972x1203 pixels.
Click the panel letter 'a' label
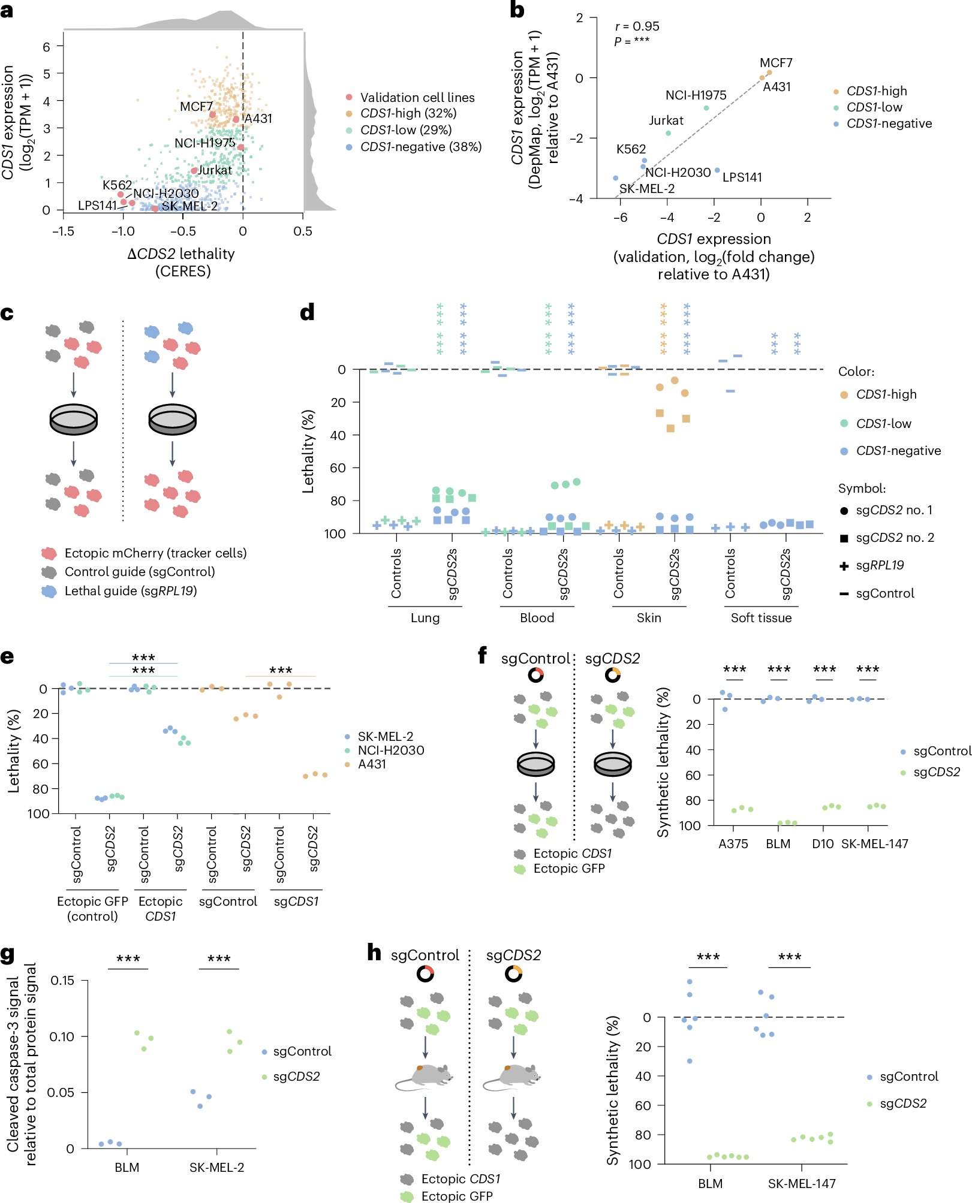pos(7,11)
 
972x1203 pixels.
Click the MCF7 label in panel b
pos(776,63)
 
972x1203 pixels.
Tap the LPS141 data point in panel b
pos(717,170)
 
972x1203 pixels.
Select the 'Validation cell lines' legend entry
pos(417,98)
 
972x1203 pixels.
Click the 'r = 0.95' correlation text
pos(637,26)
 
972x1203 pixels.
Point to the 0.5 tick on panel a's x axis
pos(303,231)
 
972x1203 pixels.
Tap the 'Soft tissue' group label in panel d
pos(761,617)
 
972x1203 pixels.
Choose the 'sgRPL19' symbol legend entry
pos(880,565)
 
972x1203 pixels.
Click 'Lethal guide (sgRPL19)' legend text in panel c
pos(131,591)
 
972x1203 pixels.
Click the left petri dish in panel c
pos(74,419)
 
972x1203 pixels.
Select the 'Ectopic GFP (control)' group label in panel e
pos(92,909)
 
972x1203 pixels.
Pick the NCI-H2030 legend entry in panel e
pos(390,750)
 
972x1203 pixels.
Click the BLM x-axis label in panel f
pos(778,844)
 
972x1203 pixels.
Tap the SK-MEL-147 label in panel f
pos(874,844)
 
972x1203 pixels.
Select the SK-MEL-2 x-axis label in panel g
pos(216,1168)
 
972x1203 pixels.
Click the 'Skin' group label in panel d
pos(649,617)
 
